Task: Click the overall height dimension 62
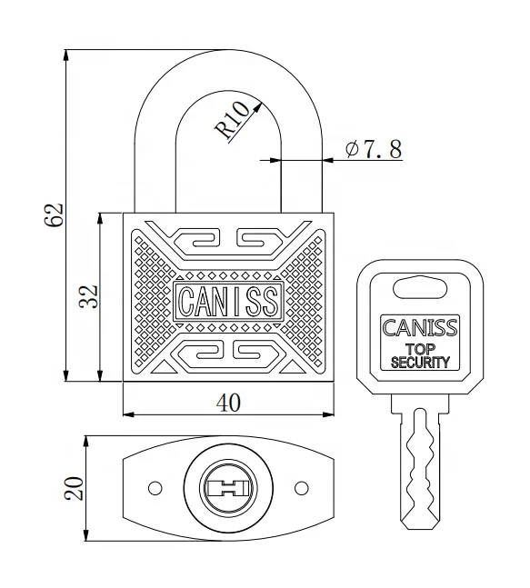[x=54, y=214]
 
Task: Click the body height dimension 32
[x=87, y=296]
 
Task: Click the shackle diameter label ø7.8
[x=374, y=149]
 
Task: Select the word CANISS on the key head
[x=420, y=328]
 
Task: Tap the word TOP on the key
[x=420, y=349]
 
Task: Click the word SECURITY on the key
[x=420, y=362]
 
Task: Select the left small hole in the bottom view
[x=155, y=488]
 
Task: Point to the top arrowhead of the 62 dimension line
[x=66, y=53]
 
